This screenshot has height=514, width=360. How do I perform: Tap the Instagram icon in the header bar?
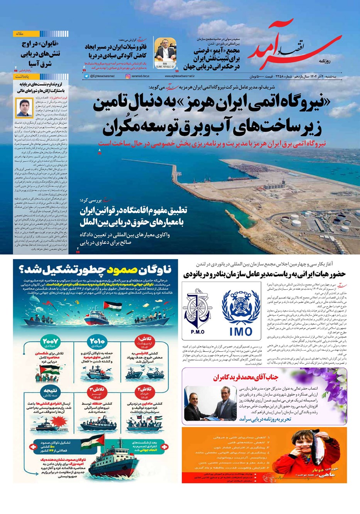point(128,76)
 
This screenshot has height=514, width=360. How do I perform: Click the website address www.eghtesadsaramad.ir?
point(181,76)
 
